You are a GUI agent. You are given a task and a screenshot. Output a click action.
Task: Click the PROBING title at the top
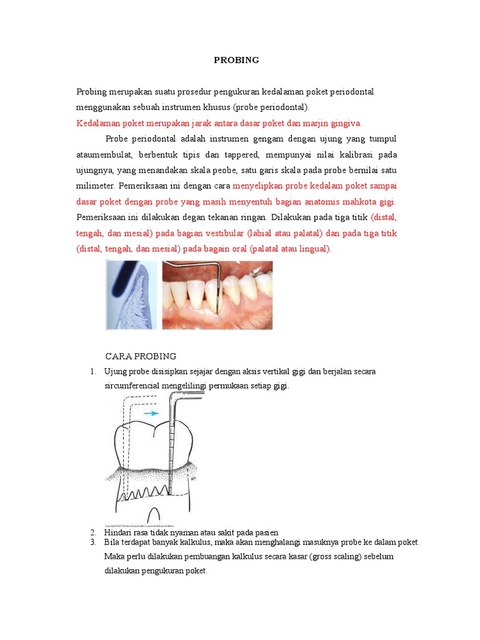click(x=236, y=61)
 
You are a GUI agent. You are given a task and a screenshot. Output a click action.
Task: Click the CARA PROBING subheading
click(x=141, y=356)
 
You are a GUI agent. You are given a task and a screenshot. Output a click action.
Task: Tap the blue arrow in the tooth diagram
click(x=151, y=413)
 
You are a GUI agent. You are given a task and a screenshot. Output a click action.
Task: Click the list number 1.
click(x=92, y=372)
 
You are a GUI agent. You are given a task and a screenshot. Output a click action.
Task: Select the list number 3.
click(x=92, y=542)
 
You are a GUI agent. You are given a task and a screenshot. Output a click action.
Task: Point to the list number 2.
click(x=92, y=532)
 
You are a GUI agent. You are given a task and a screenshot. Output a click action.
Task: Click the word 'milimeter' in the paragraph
click(x=95, y=186)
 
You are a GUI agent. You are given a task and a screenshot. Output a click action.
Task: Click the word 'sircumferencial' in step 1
click(x=132, y=386)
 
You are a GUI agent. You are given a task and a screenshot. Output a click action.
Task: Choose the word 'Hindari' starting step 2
click(x=118, y=532)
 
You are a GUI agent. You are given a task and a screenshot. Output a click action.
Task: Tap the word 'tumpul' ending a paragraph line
click(x=382, y=138)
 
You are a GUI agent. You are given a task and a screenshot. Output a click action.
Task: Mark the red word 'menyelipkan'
click(x=257, y=186)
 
